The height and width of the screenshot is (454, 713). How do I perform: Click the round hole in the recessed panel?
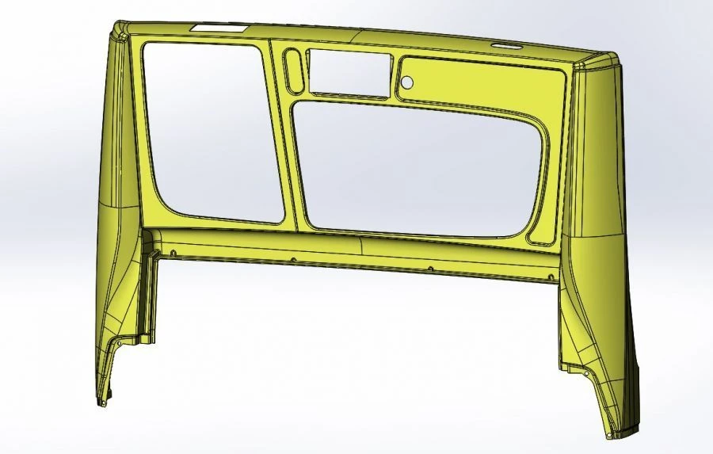(407, 82)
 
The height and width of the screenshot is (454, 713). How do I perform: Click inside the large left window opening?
(210, 131)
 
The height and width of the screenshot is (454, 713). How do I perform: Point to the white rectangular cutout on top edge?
(219, 28)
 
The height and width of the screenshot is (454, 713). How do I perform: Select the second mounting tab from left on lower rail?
(293, 260)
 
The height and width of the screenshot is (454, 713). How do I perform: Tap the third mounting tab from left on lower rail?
(430, 269)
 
